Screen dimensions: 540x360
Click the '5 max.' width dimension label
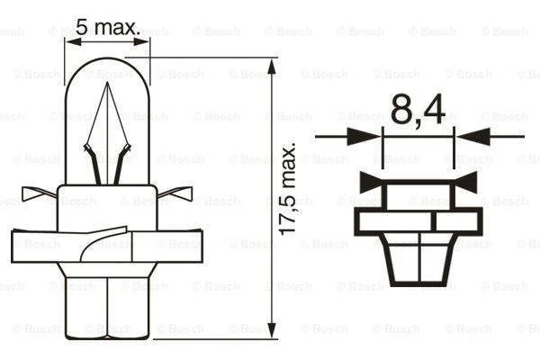click(108, 27)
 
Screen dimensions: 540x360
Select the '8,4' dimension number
click(418, 110)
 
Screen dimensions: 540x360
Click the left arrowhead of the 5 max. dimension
click(73, 41)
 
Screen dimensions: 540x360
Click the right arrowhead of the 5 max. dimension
click(142, 41)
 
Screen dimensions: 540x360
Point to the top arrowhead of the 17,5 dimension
click(272, 67)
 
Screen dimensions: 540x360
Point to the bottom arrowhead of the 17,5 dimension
click(272, 330)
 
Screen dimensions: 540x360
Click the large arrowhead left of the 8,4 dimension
click(364, 137)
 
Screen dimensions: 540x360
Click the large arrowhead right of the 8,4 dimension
click(473, 137)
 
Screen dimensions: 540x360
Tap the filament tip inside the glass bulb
click(107, 83)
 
